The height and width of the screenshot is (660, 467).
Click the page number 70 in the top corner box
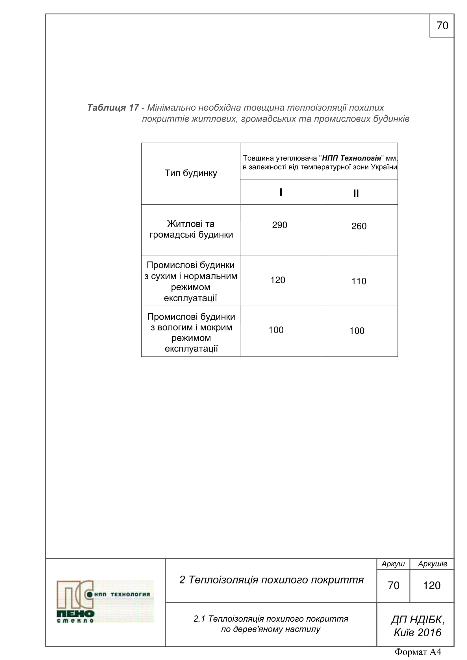click(442, 26)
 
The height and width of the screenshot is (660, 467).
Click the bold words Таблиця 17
click(113, 108)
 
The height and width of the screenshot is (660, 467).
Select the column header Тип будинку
click(190, 173)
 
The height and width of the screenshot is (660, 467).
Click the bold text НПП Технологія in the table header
click(351, 158)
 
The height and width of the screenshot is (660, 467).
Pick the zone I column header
click(281, 192)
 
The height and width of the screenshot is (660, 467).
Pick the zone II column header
click(356, 194)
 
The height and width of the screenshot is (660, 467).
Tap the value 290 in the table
click(279, 225)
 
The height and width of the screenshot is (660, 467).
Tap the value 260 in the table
click(359, 226)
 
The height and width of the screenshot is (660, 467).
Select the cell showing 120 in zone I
click(277, 280)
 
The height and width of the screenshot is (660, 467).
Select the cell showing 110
click(359, 281)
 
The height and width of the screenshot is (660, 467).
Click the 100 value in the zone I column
click(276, 330)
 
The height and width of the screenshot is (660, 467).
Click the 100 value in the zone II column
click(357, 331)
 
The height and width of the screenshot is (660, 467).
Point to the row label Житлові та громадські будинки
click(191, 229)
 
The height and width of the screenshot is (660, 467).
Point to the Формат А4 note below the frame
click(418, 652)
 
